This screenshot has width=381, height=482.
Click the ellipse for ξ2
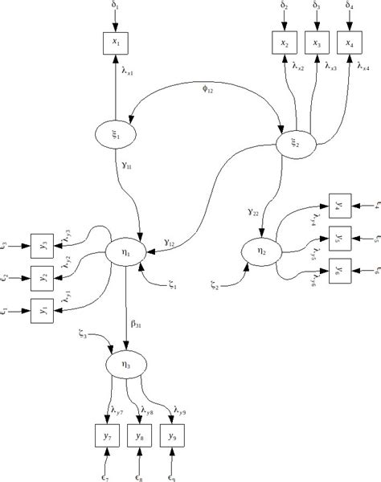click(293, 143)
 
